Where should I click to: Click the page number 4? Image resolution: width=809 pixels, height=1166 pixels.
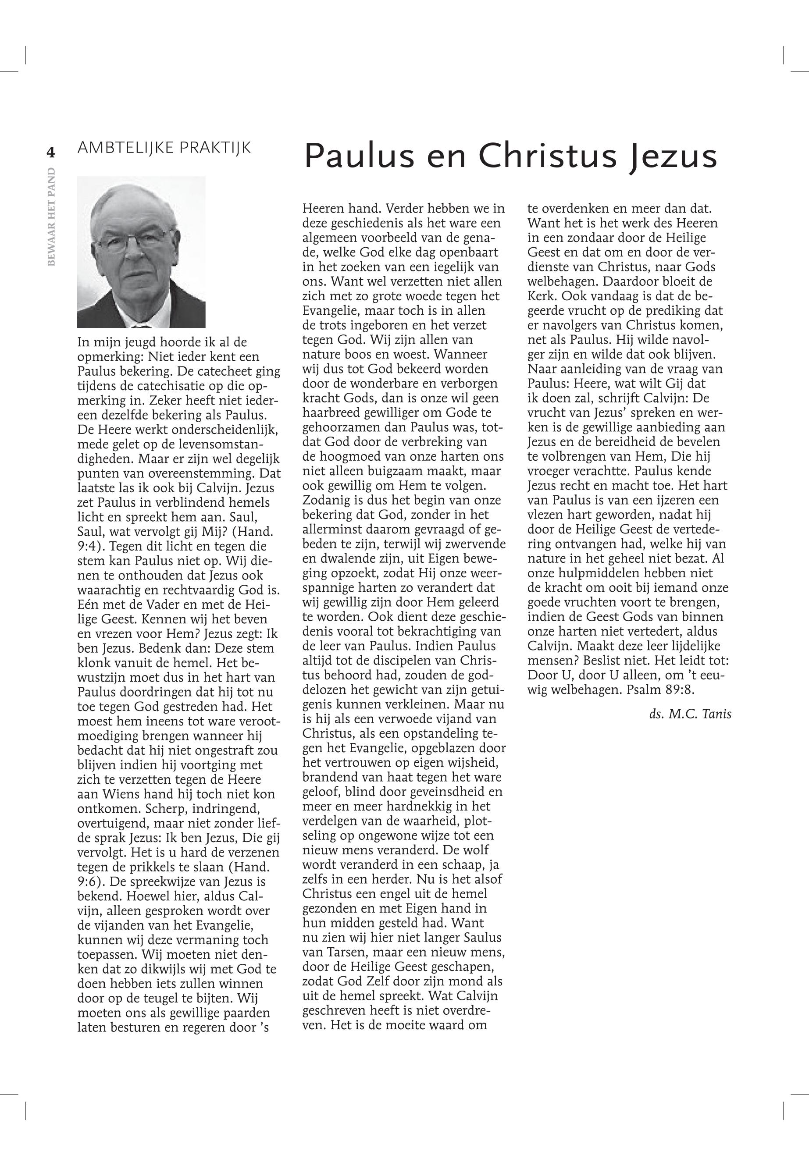click(51, 152)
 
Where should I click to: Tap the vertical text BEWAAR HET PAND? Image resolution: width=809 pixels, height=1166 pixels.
click(51, 217)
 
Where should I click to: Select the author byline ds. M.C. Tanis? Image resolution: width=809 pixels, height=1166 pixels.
click(690, 714)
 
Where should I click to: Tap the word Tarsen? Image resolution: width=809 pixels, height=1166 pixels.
click(351, 952)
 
